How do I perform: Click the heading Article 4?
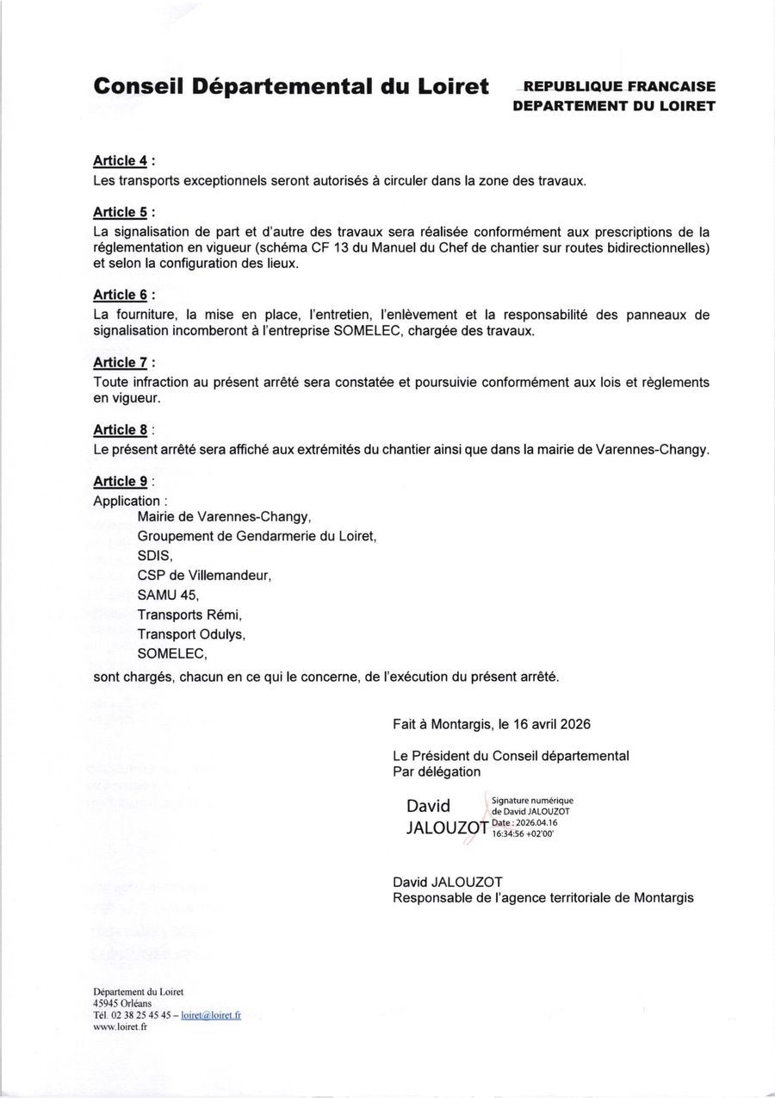(121, 161)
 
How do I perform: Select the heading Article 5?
(121, 212)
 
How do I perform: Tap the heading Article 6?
(121, 296)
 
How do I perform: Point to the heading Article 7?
(121, 363)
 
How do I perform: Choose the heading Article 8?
(121, 430)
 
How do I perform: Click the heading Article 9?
(121, 482)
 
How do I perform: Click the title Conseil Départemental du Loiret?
(291, 86)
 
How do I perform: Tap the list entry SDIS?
(155, 556)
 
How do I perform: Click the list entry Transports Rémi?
(189, 615)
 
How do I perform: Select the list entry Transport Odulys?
(191, 635)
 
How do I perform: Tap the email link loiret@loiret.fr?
(212, 1015)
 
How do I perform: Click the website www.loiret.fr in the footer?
(120, 1026)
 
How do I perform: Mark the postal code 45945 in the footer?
(106, 1003)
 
